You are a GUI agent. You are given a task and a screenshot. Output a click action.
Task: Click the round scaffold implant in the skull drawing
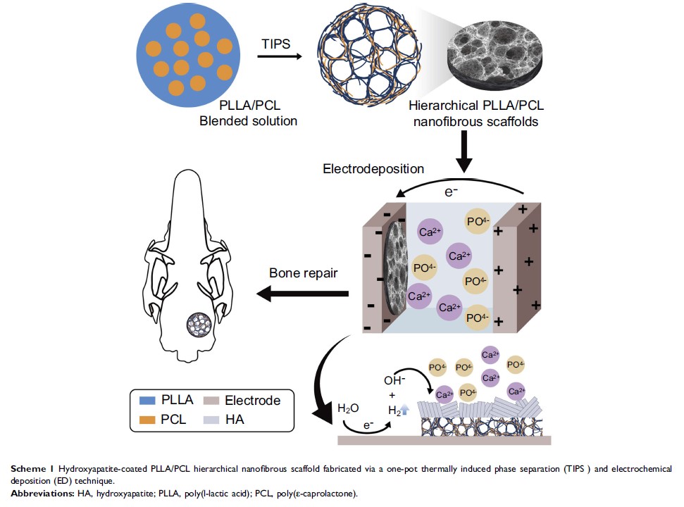click(199, 325)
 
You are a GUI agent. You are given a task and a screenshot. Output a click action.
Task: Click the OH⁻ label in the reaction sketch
click(395, 380)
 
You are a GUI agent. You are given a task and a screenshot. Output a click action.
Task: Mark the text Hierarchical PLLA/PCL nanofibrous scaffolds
click(476, 113)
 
